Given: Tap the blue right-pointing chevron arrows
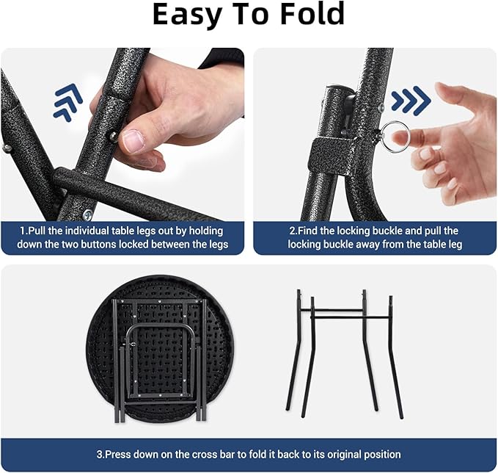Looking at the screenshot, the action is coord(411,101).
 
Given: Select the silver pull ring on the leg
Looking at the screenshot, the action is coord(395,137).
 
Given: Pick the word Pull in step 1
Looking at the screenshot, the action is coord(37,231).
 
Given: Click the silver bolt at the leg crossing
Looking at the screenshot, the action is coord(87,214).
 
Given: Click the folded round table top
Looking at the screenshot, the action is coord(160,349).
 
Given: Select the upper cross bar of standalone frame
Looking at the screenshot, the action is coord(332,310).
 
